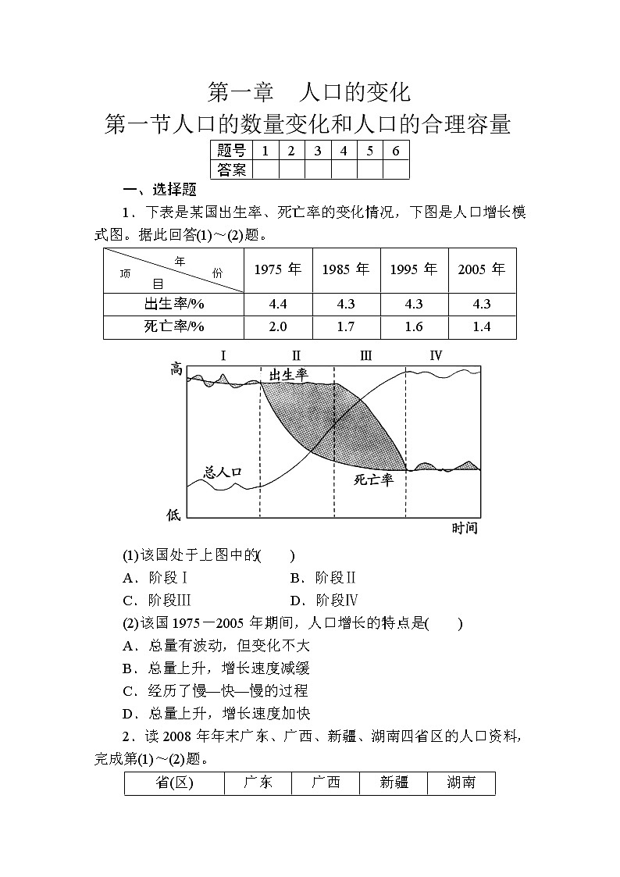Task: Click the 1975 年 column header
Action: click(x=278, y=269)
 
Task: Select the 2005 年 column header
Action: click(x=482, y=269)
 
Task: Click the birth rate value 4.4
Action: click(x=278, y=304)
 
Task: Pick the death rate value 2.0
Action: click(x=278, y=326)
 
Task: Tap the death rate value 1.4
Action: click(x=482, y=326)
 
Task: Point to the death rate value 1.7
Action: click(x=346, y=326)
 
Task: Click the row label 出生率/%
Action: click(x=173, y=304)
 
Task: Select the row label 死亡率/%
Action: click(x=173, y=326)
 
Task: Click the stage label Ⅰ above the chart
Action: click(x=223, y=356)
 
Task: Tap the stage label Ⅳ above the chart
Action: click(x=436, y=356)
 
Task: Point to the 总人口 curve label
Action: click(x=223, y=472)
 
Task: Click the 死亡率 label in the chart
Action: click(x=373, y=479)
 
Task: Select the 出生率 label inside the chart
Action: click(x=289, y=376)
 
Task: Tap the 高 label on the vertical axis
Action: click(x=176, y=369)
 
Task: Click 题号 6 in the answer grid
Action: click(x=396, y=151)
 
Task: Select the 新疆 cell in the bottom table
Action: click(x=394, y=782)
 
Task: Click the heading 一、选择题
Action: click(x=159, y=189)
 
